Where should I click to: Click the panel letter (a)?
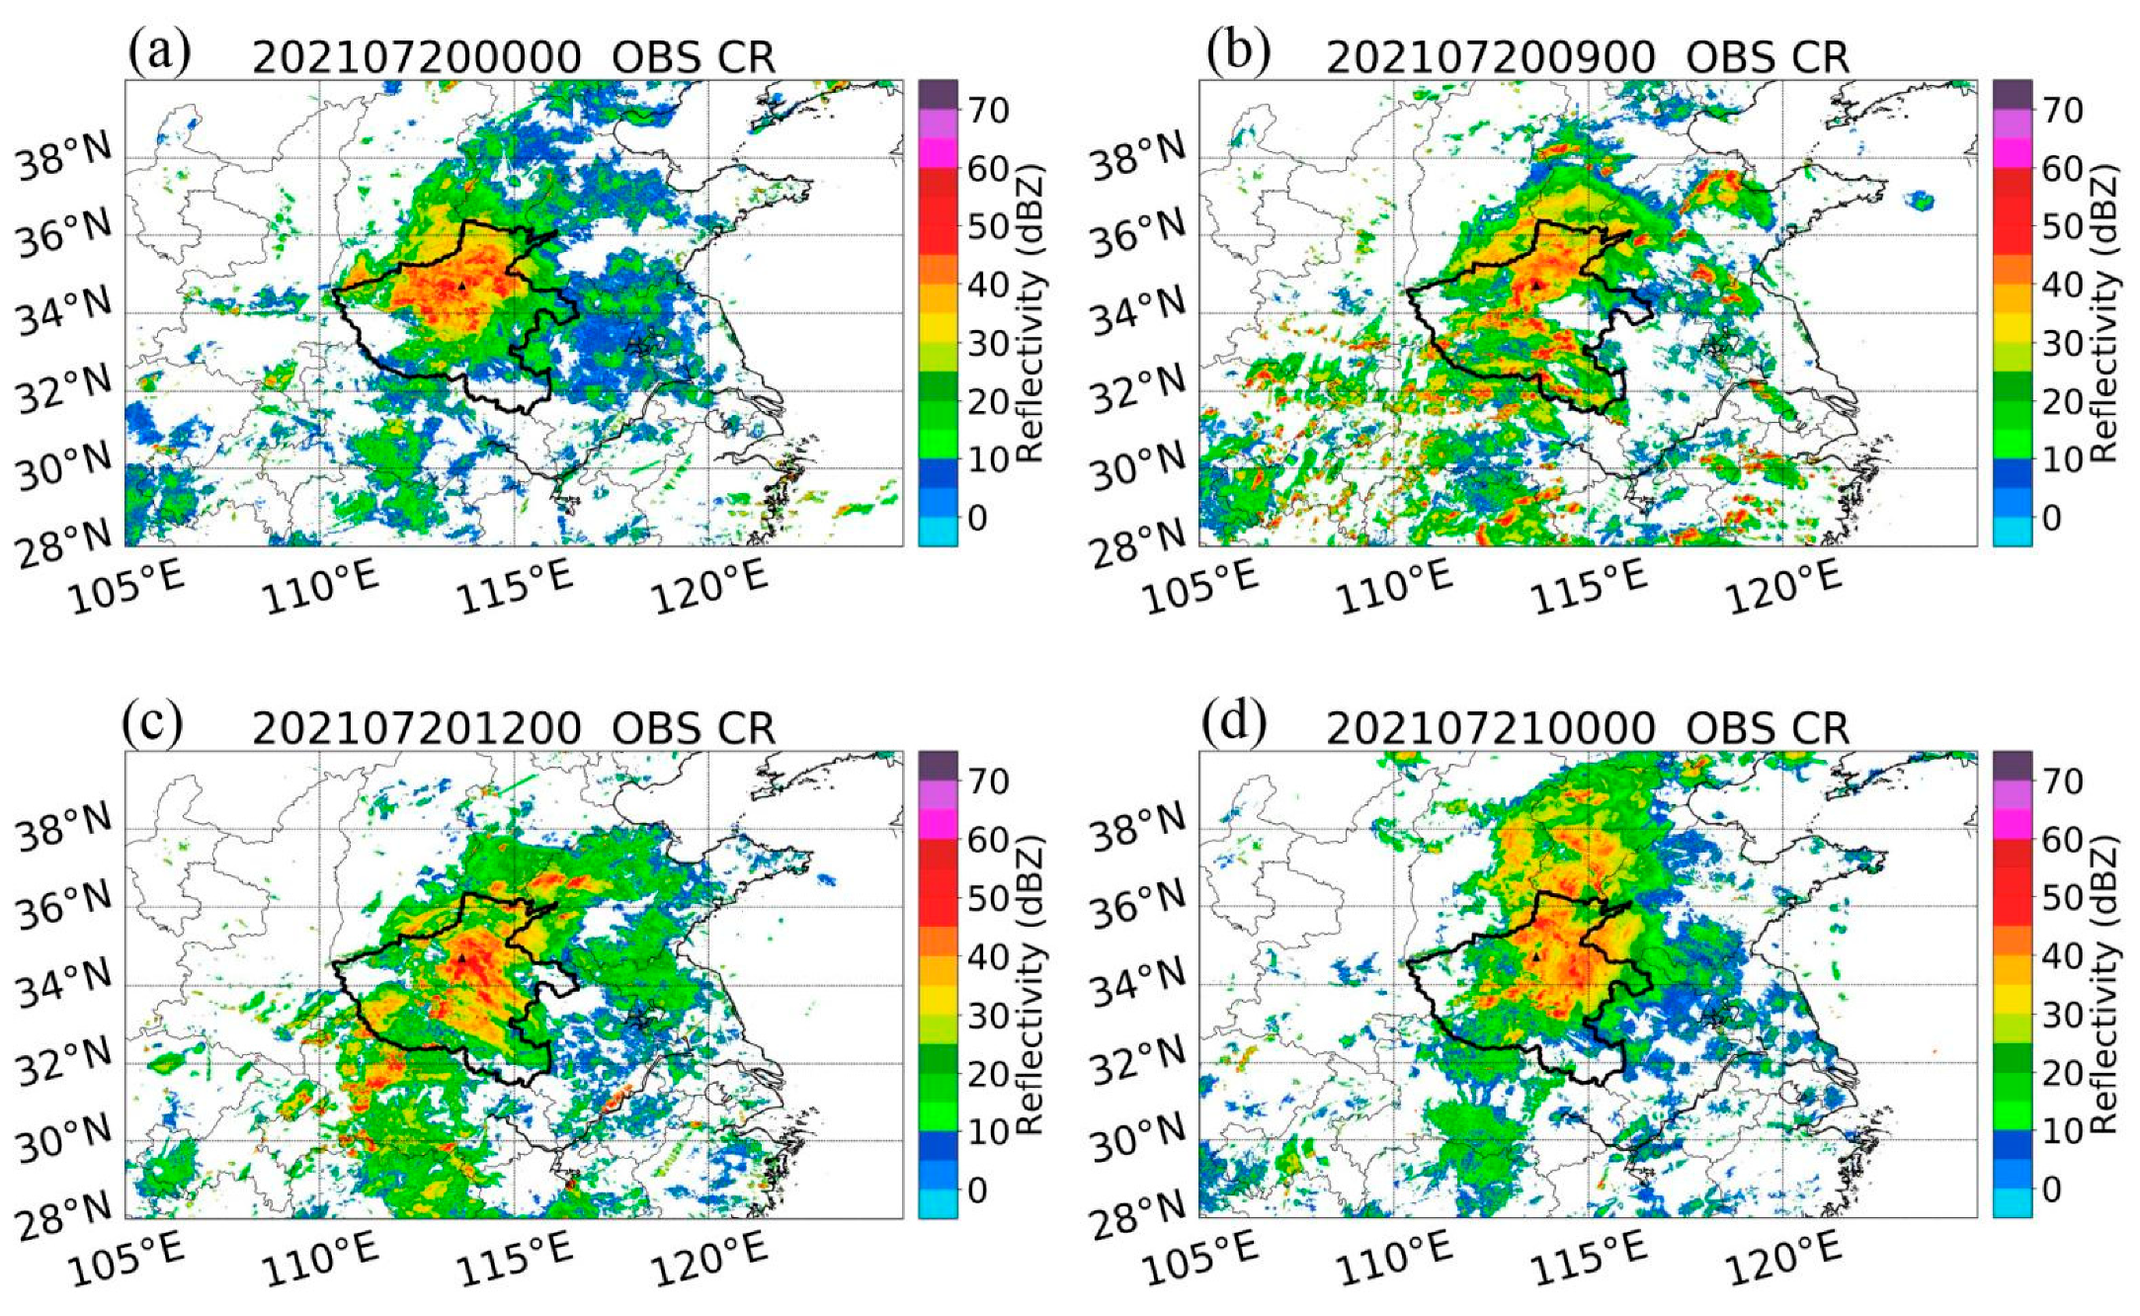[x=159, y=52]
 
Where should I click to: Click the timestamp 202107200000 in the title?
[x=416, y=58]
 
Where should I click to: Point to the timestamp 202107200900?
[x=1489, y=58]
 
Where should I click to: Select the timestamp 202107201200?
[x=416, y=730]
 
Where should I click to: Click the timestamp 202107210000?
[x=1489, y=730]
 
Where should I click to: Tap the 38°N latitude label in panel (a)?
[x=65, y=158]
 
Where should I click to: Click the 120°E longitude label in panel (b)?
[x=1784, y=585]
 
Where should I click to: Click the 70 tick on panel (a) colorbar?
[x=988, y=111]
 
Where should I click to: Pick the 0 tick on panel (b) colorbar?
[x=2051, y=518]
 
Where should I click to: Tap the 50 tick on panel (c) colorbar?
[x=988, y=899]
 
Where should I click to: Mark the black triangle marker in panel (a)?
[x=461, y=286]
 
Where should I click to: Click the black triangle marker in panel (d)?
[x=1536, y=956]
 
